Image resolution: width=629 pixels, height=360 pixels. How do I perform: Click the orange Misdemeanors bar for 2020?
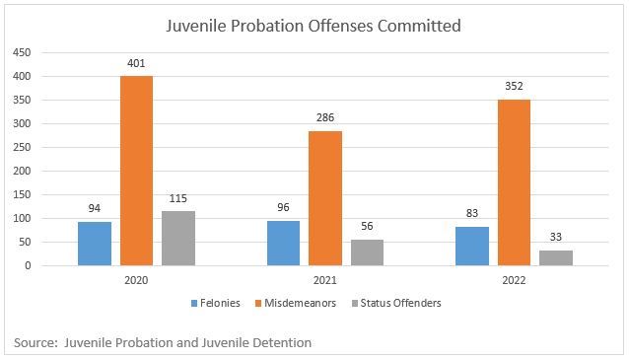click(x=137, y=171)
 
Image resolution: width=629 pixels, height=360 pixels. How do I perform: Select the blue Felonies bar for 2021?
click(x=284, y=243)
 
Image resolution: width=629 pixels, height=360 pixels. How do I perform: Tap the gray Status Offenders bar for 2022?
click(x=556, y=257)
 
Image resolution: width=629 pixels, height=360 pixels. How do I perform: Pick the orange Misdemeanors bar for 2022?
click(x=514, y=182)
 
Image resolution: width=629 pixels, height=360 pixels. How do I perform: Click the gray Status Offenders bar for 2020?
click(x=178, y=239)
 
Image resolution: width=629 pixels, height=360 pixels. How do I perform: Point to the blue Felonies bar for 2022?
click(x=472, y=246)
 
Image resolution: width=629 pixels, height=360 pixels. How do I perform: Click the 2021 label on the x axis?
click(x=325, y=280)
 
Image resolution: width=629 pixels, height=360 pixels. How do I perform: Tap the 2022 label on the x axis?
click(x=514, y=280)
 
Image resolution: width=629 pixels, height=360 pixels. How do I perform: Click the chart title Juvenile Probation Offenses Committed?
click(x=314, y=26)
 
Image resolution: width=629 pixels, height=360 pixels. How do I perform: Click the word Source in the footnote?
click(x=36, y=342)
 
